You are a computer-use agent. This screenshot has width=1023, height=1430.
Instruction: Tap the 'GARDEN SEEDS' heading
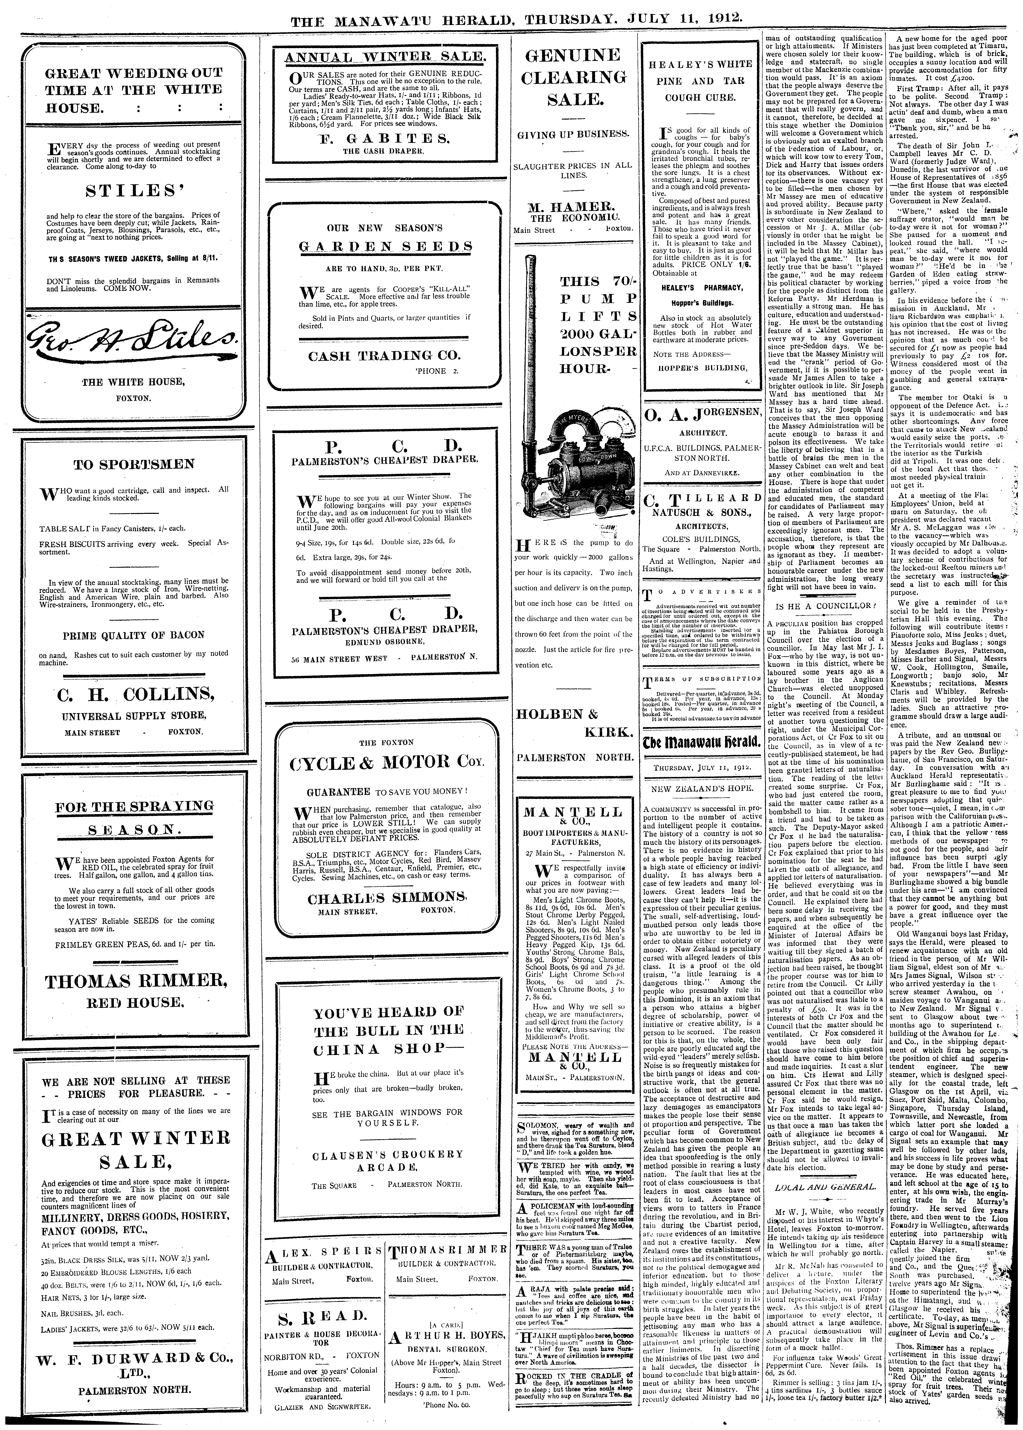click(386, 246)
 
